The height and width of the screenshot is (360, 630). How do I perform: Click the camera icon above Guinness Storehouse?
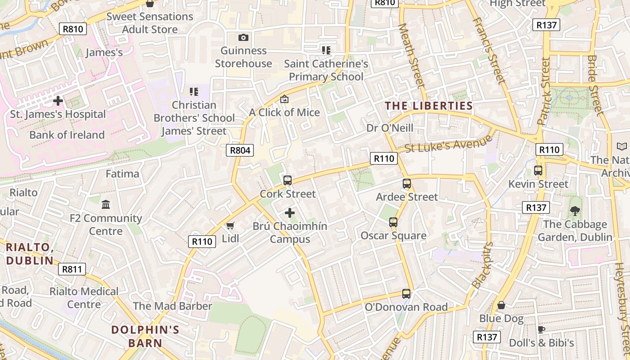[x=243, y=38]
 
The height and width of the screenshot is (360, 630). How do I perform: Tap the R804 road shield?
[x=240, y=150]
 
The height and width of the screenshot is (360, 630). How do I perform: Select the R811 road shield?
[x=72, y=270]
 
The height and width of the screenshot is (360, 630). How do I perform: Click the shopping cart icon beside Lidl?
[x=230, y=225]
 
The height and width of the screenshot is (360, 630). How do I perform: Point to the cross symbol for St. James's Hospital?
[x=58, y=101]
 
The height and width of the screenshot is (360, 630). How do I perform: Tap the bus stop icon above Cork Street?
[x=288, y=180]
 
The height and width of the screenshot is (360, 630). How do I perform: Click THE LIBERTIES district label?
[x=429, y=106]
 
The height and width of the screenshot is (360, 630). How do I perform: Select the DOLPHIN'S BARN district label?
[x=145, y=336]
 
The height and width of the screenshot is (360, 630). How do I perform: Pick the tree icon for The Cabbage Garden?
[x=575, y=211]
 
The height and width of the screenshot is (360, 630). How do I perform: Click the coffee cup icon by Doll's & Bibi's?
[x=541, y=330]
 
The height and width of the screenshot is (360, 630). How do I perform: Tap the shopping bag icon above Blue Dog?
[x=501, y=306]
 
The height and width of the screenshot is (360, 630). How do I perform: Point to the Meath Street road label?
[x=412, y=56]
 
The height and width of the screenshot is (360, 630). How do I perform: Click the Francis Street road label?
[x=490, y=50]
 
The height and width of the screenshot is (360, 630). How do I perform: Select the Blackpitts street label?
[x=483, y=266]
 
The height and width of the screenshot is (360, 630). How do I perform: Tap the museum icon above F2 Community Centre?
[x=106, y=205]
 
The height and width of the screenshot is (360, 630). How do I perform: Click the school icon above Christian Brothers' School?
[x=194, y=92]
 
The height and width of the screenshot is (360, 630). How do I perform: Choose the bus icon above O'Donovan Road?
[x=406, y=294]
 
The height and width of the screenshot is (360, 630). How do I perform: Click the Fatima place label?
[x=122, y=174]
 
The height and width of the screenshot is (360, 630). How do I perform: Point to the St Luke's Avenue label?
[x=449, y=145]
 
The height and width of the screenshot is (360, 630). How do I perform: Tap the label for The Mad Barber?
[x=172, y=306]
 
